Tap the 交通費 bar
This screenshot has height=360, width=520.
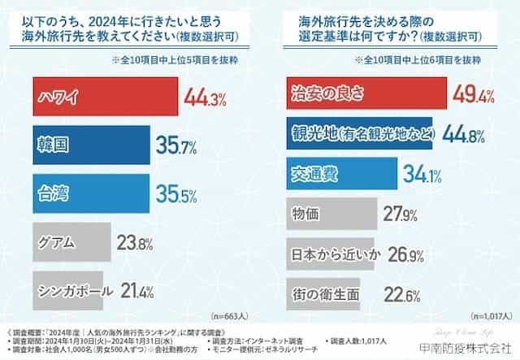pyautogui.click(x=342, y=172)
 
